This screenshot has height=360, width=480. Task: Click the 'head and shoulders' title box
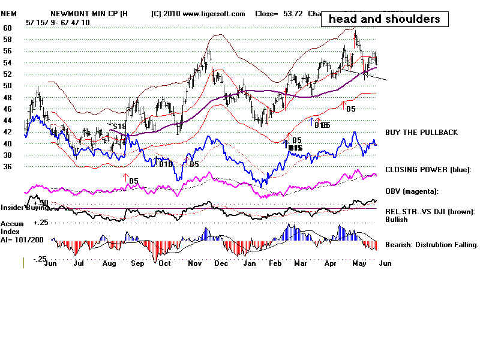click(x=385, y=19)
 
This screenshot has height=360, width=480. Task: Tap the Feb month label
click(x=275, y=263)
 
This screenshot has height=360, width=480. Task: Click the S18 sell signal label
click(x=119, y=126)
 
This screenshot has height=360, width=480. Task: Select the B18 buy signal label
click(x=165, y=164)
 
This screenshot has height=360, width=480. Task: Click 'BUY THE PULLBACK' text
click(x=421, y=132)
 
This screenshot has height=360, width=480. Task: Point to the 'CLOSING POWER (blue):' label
click(x=428, y=170)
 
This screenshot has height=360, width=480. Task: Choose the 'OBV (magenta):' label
click(x=412, y=191)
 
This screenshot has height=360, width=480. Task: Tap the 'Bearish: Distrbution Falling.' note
click(x=431, y=245)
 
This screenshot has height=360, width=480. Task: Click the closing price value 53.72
click(x=290, y=13)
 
